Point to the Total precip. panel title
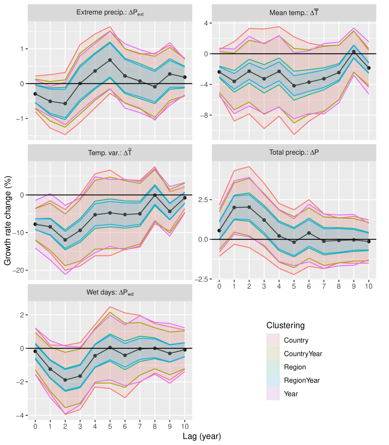293,153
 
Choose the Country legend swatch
273,340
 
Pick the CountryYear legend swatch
273,354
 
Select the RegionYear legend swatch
273,381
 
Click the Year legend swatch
273,394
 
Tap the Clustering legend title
286,325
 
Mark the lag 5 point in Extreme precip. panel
110,60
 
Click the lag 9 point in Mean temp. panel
353,52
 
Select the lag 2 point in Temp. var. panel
65,240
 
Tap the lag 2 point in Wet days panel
65,380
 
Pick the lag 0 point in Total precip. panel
219,231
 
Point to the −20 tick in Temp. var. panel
18,270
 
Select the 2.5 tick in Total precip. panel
202,200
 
